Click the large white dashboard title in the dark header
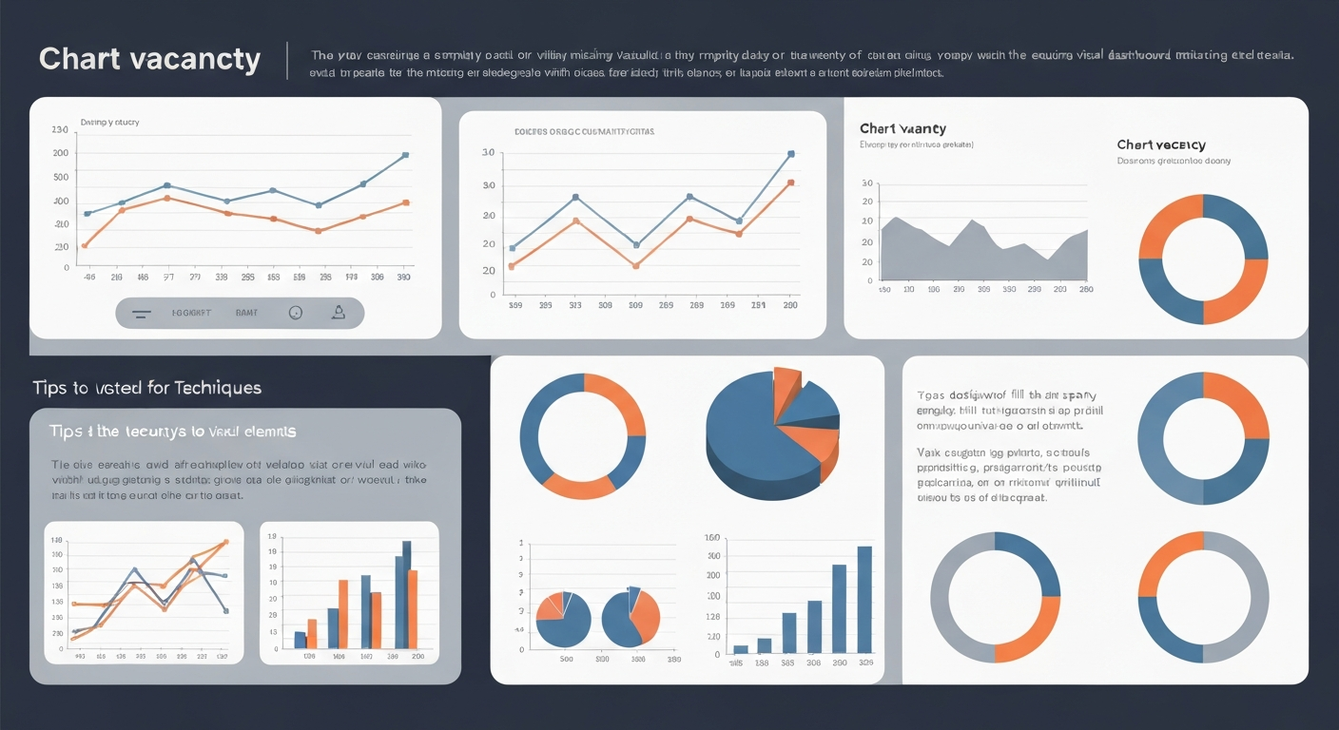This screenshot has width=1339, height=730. point(149,60)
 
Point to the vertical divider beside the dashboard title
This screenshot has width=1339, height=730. point(286,60)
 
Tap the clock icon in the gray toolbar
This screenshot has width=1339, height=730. point(295,312)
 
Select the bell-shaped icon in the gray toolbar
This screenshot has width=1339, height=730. point(337,312)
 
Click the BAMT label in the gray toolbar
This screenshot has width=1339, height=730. point(246,312)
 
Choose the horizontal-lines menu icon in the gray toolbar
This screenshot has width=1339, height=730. point(140,313)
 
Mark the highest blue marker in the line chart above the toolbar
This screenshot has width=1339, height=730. point(405,155)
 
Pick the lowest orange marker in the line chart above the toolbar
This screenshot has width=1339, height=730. point(85,245)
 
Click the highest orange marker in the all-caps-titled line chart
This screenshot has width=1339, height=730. point(791,182)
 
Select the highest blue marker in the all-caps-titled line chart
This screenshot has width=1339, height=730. point(791,153)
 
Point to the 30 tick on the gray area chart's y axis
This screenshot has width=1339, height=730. point(866,183)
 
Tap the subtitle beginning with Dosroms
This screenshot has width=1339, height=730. point(1174,162)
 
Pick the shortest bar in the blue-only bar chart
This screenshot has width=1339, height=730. point(740,650)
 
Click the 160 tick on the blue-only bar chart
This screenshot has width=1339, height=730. point(712,538)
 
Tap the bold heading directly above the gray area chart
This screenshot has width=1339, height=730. point(902,128)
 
